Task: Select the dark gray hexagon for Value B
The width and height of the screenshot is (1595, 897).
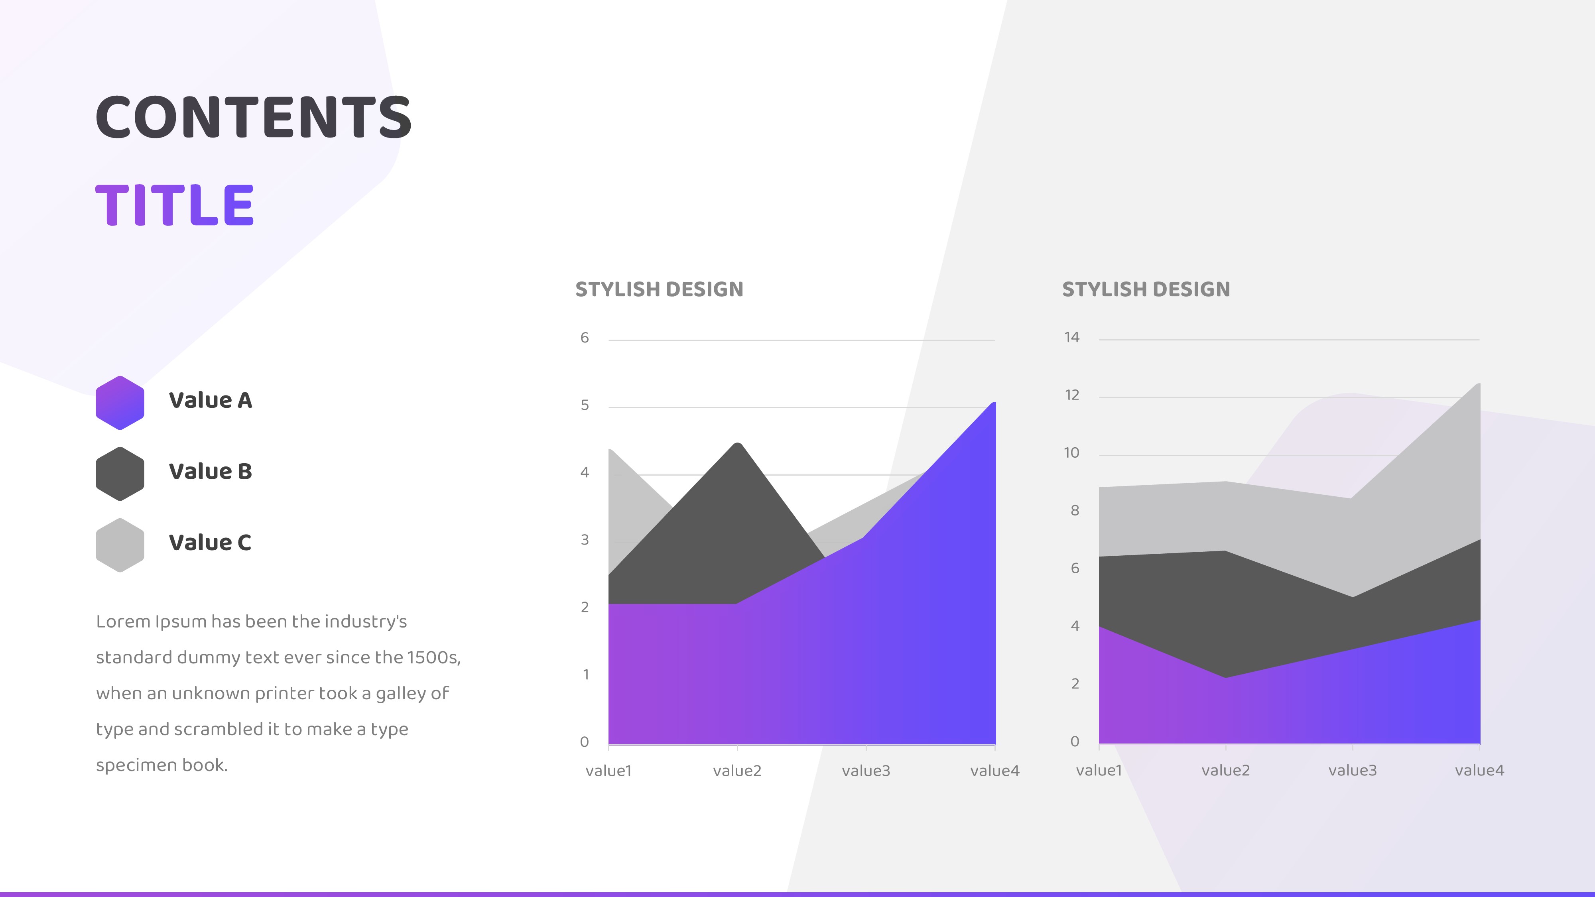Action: [x=120, y=474]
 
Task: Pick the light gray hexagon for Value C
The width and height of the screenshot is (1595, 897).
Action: [x=120, y=545]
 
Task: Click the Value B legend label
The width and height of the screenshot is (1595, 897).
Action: [x=211, y=471]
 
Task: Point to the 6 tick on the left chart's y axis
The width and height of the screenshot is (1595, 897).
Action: [x=585, y=337]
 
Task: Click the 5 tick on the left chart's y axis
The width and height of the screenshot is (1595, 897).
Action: [x=585, y=405]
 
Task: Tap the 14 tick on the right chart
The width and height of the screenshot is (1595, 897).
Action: [x=1072, y=337]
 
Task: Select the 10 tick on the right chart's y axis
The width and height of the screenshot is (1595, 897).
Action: [x=1072, y=452]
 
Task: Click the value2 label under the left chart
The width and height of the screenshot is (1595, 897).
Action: [x=737, y=771]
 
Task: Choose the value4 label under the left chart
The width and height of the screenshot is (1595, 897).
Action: [x=994, y=771]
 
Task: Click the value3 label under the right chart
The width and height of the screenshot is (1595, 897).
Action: [x=1352, y=770]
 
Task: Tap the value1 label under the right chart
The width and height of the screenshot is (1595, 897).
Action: [x=1099, y=770]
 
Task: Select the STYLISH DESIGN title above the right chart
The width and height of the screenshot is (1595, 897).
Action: [x=1146, y=289]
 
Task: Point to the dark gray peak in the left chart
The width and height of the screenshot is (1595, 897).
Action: [x=737, y=444]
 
